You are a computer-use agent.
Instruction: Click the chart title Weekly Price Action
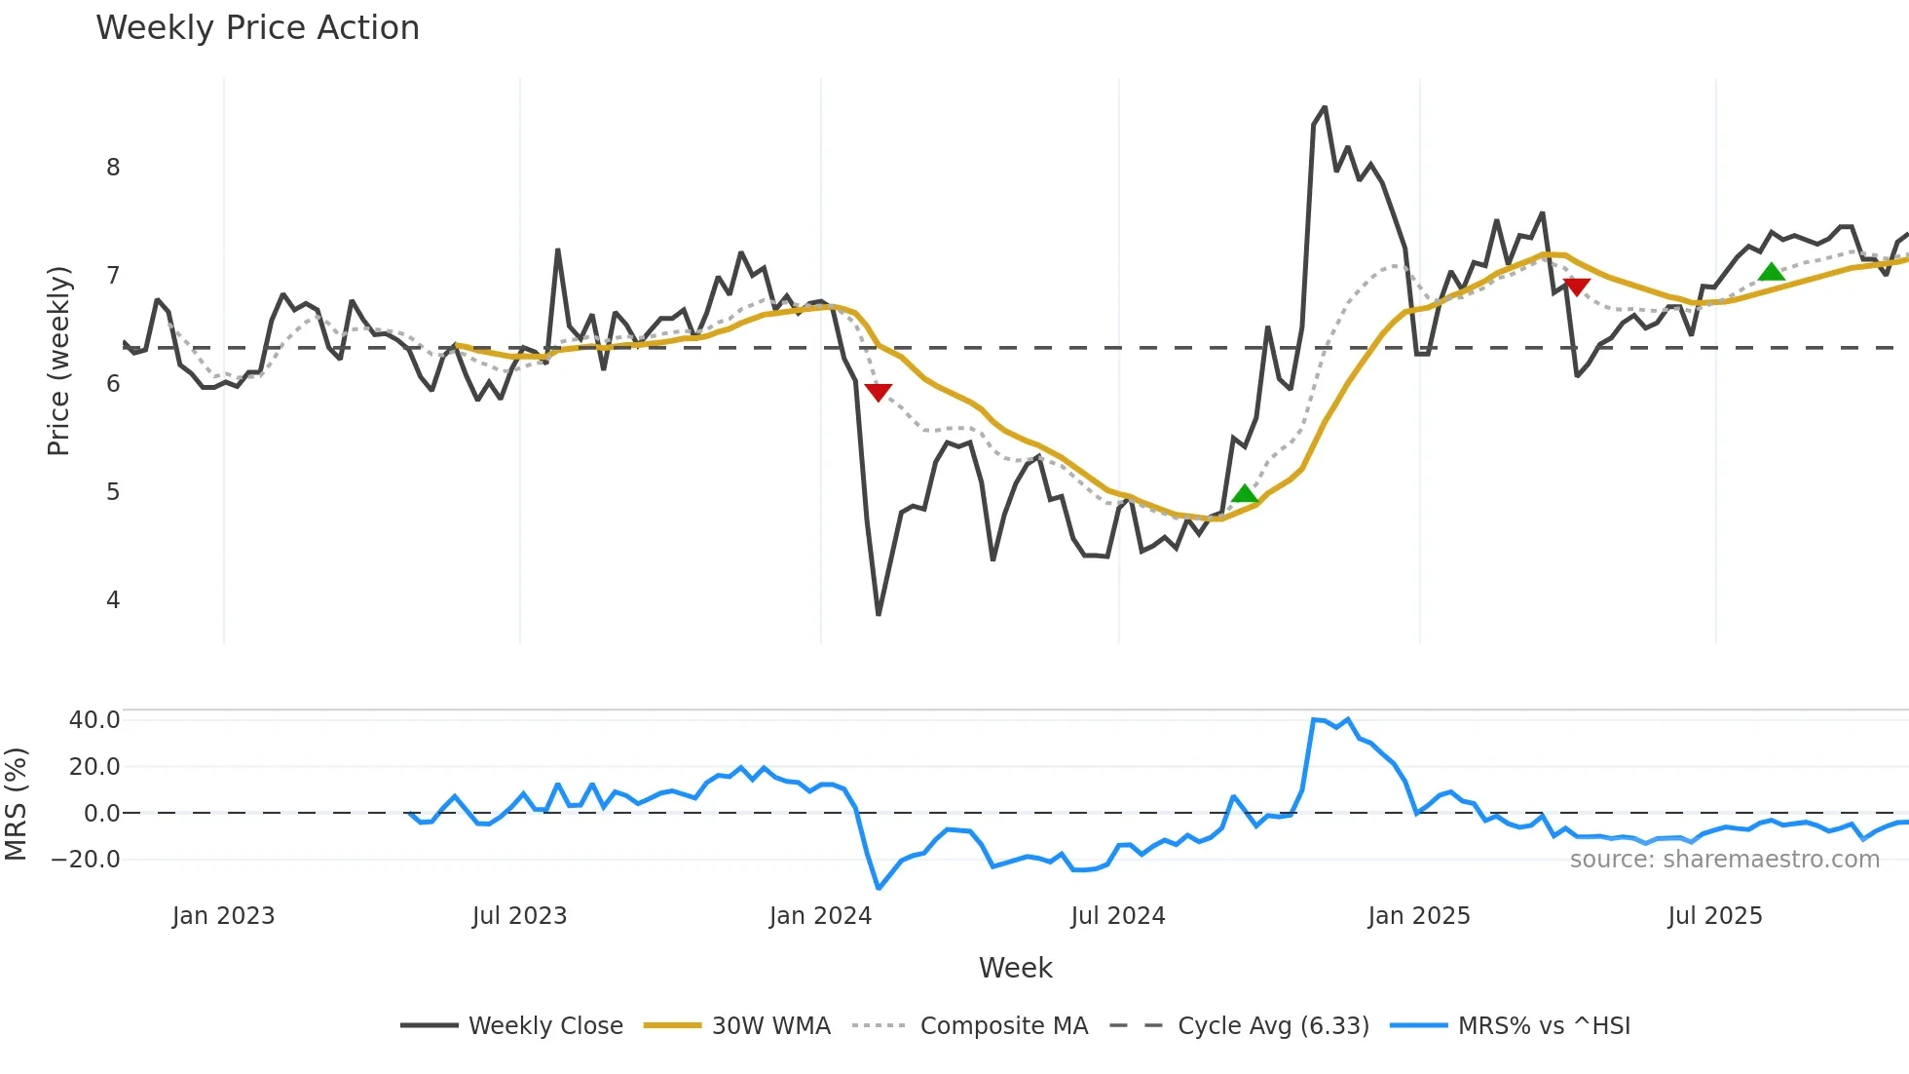pos(257,28)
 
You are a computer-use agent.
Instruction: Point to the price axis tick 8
pos(113,168)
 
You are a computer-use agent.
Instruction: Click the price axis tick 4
pos(113,600)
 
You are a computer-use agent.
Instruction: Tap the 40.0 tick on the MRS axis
pos(94,720)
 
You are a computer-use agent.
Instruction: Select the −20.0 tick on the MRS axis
pos(87,860)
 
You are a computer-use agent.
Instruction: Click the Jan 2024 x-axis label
pos(820,916)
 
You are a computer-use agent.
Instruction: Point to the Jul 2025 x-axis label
pos(1714,916)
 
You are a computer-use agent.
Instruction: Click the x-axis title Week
pos(1015,968)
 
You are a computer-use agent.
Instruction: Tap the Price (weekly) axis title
pos(58,361)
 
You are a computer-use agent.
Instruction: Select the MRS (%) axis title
pos(16,804)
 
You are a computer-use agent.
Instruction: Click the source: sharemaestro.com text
pos(1724,860)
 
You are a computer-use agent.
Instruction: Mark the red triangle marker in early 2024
pos(878,392)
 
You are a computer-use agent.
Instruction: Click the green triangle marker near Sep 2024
pos(1244,494)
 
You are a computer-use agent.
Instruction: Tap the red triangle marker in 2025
pos(1576,287)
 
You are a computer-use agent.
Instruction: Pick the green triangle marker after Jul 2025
pos(1771,272)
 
